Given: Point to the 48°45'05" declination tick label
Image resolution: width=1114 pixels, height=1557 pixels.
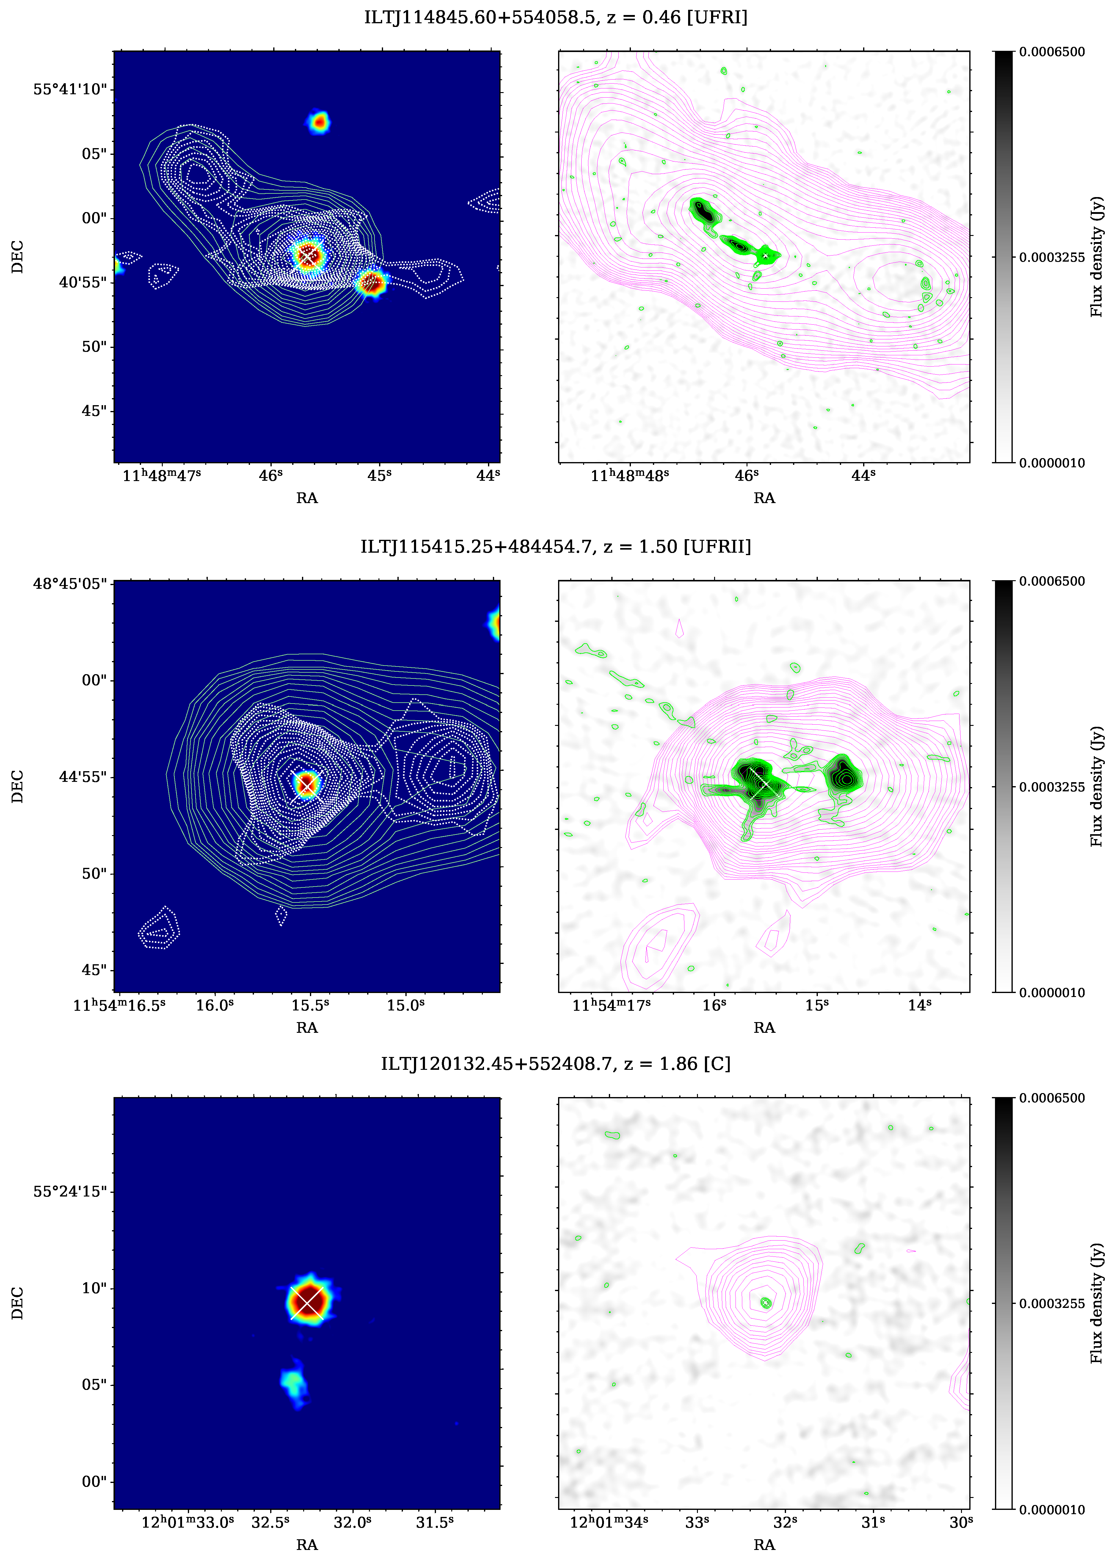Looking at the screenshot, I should (70, 584).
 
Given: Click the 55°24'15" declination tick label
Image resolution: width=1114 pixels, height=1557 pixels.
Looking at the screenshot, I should (70, 1191).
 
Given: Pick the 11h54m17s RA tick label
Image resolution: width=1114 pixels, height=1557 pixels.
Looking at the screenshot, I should (611, 1005).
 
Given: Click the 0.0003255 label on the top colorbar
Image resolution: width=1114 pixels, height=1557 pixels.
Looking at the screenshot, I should (1052, 257).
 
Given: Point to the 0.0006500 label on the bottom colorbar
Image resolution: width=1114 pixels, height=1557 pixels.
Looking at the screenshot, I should (1052, 1098).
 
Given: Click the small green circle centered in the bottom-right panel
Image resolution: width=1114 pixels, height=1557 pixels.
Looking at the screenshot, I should (766, 1302).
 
